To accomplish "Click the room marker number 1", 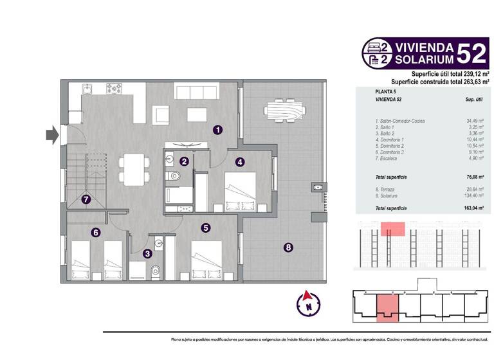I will coord(218,130).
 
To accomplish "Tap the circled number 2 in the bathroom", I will coord(184,162).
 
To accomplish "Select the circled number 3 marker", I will coord(147,254).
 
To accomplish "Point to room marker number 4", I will coord(239,162).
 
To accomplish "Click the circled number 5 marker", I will coord(205,227).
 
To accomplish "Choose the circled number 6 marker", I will coord(95,233).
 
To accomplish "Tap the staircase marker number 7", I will coord(86,199).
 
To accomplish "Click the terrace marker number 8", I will coord(288,247).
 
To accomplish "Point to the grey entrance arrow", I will coord(52,135).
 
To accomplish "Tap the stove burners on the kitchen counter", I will coord(115,88).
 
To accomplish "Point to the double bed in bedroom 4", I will coord(239,192).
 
